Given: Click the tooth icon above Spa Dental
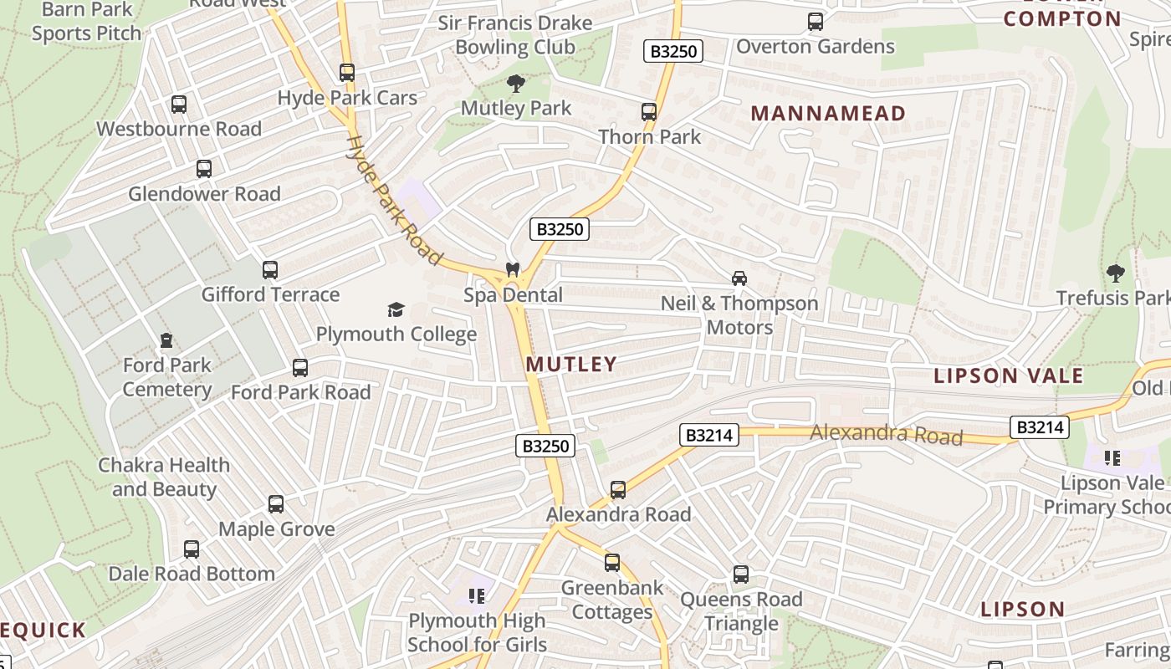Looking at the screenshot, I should pos(512,269).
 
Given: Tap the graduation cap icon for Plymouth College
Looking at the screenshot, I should pos(396,310).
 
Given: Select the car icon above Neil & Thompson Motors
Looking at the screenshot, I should pos(739,278).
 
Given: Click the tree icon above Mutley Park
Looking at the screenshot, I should pos(516,83).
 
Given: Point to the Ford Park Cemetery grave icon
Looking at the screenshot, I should pos(166,340).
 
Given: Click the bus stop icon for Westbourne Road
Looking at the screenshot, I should pos(179,105).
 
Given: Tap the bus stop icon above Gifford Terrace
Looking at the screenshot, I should pos(270,270).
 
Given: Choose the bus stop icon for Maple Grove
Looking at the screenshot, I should pos(276,504).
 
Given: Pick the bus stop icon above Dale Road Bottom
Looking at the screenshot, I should pos(192,549).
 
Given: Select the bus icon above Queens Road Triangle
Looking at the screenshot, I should pos(741,575).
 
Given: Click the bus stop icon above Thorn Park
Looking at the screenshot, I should pos(649,111).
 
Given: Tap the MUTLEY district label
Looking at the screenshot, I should pos(572,364).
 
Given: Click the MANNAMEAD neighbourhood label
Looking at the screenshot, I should pos(828,113).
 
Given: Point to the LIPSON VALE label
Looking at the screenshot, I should pos(1009,375).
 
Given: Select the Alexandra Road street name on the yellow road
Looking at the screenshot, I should pos(887,434).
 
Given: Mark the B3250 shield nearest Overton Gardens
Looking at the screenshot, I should pos(673,51).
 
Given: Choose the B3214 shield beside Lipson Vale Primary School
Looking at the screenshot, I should pos(1039,427).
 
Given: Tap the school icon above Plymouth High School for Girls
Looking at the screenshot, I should pos(477,596).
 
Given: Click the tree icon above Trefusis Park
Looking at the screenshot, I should pos(1115,273).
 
